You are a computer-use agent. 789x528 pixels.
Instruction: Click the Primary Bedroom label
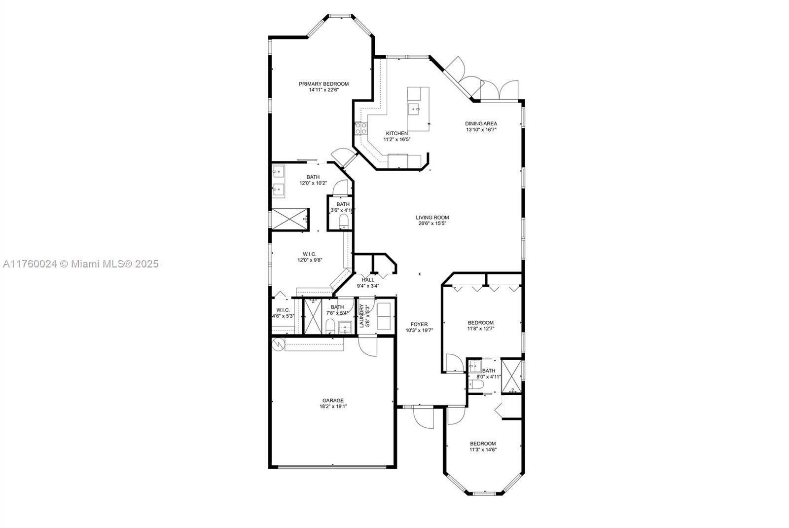tap(323, 84)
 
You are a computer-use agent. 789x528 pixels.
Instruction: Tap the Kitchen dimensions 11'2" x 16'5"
tap(397, 139)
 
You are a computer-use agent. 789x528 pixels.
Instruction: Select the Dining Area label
tap(481, 124)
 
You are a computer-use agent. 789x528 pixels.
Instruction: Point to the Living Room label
tap(432, 218)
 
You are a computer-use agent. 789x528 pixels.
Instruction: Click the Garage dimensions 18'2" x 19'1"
tap(333, 406)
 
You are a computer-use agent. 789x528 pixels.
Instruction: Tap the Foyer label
tap(419, 324)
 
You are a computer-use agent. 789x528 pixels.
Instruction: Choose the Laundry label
tap(361, 316)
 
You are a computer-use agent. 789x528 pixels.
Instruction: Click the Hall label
tap(368, 280)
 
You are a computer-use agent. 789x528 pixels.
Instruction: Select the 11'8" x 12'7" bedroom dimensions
tap(481, 329)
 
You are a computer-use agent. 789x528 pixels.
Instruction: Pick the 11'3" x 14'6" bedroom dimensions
tap(483, 450)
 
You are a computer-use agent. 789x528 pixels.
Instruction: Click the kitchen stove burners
tap(361, 128)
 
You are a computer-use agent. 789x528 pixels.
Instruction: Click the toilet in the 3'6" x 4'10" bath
tap(343, 222)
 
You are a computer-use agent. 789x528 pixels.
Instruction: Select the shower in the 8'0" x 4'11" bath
tap(511, 376)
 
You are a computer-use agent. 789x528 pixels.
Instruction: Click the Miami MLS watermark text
tap(81, 264)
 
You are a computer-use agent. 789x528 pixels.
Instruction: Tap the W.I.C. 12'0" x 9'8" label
tap(310, 254)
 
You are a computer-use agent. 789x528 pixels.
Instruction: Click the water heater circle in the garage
tap(279, 343)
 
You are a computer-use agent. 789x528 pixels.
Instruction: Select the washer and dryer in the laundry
tap(384, 316)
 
